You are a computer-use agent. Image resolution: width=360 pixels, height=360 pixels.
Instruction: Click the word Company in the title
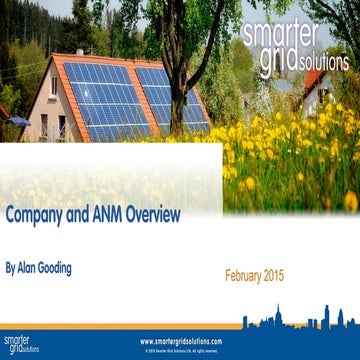coord(39,216)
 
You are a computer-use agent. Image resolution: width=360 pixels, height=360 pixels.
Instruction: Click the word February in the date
coord(250,274)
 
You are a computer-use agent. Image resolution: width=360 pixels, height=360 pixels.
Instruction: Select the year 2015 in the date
coord(290,274)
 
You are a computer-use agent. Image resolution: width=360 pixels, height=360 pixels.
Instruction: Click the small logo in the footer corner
coord(17,345)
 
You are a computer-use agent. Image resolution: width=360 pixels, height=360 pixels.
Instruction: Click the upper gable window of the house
coord(53,85)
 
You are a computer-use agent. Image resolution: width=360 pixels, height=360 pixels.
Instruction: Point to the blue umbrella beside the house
coord(15,121)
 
